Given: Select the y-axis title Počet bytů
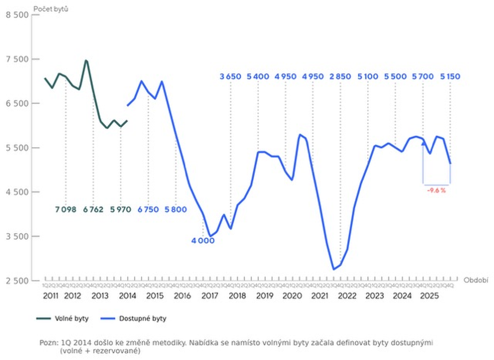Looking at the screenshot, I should tap(51, 8).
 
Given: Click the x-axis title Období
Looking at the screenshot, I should tap(476, 280).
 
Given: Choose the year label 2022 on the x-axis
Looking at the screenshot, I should tap(347, 296).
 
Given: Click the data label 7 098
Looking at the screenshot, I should tap(66, 209).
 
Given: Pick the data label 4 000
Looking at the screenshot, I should tap(203, 241).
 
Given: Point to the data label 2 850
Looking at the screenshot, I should tap(340, 76).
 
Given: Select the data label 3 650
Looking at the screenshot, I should tap(231, 76).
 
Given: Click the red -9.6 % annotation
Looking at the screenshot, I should tap(436, 191).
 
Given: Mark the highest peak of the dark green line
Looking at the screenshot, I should tap(86, 60).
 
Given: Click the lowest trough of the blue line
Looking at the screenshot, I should tap(334, 270).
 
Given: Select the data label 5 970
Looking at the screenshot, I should tap(120, 209).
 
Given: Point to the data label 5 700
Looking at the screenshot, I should tap(422, 76).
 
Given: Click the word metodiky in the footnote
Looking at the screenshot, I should tap(167, 343).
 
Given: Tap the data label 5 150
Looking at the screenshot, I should tap(450, 76).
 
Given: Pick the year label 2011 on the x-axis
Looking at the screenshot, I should tap(51, 296).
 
